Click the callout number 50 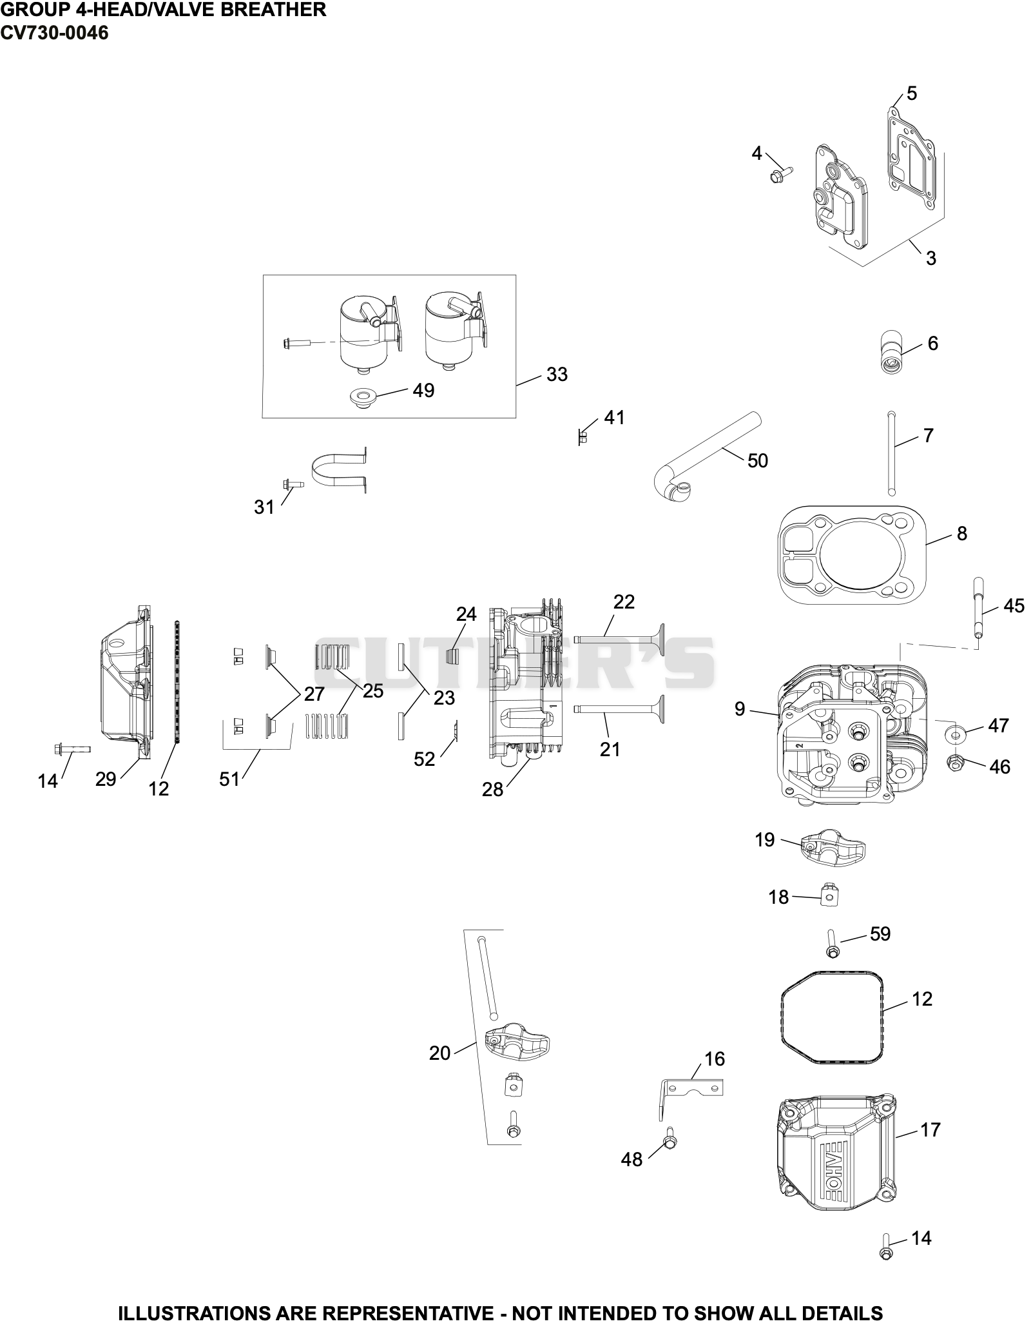pyautogui.click(x=758, y=461)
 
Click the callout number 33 pyautogui.click(x=557, y=375)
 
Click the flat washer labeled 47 pyautogui.click(x=955, y=732)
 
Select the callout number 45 pyautogui.click(x=1014, y=606)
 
